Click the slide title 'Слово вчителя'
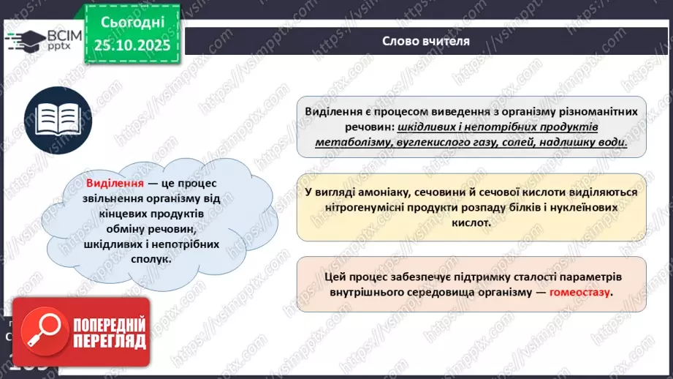425,41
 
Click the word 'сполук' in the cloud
145,258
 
